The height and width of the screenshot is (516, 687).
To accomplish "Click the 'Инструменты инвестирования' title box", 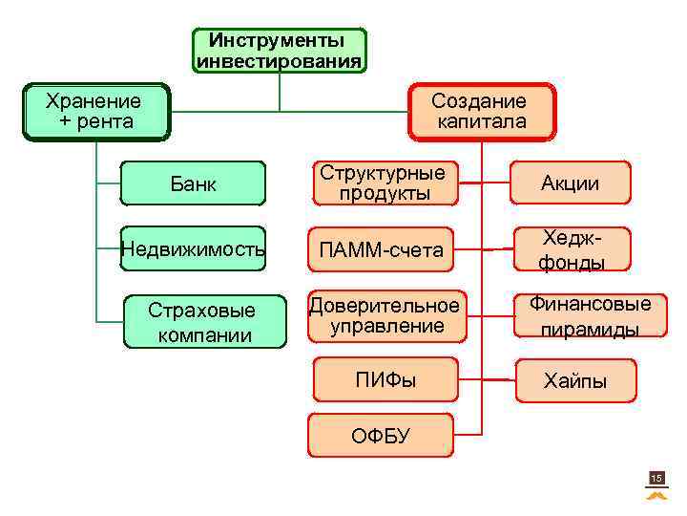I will click(x=280, y=51).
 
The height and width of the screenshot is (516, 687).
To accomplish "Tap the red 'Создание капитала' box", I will click(x=481, y=111).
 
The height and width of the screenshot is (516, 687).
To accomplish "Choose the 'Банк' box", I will click(x=194, y=183).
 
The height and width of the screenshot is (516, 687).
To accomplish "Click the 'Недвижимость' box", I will click(x=194, y=250).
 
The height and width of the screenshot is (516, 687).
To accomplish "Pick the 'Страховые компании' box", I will click(x=204, y=322).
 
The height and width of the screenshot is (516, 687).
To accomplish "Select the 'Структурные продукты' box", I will click(x=383, y=183).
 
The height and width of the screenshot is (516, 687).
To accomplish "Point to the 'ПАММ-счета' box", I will click(x=383, y=250).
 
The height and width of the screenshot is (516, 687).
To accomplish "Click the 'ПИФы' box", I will click(x=386, y=380).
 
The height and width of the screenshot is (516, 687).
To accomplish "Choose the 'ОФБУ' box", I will click(x=381, y=436).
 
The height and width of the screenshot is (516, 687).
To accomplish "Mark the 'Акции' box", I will click(x=571, y=183).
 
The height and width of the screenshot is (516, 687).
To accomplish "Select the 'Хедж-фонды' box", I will click(x=571, y=249).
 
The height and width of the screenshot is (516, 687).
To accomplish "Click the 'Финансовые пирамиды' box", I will click(x=590, y=316).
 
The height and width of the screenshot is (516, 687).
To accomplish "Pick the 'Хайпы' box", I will click(x=574, y=380).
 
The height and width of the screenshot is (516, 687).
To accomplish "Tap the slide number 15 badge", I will click(x=656, y=478).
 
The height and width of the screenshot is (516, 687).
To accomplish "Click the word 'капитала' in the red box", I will click(x=481, y=121).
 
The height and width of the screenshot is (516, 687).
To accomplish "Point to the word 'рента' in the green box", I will click(x=107, y=121).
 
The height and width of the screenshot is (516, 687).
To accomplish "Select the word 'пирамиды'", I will click(x=590, y=329).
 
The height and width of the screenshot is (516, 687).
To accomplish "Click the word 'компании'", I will click(x=204, y=334).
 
